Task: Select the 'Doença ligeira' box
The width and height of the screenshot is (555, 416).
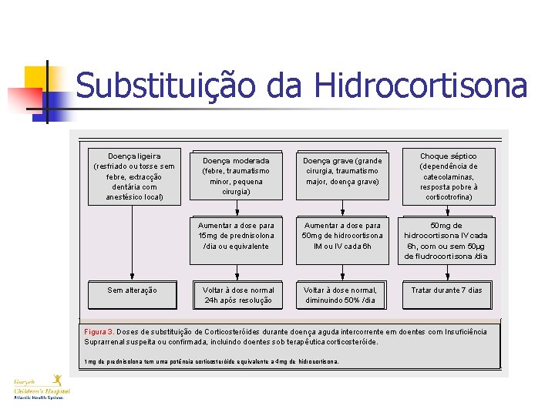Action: pos(134,176)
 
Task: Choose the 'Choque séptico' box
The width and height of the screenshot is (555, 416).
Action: pos(448,176)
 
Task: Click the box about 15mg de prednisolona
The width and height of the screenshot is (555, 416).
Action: pos(235,235)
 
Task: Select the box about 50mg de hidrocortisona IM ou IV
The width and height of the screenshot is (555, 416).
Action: pos(341,235)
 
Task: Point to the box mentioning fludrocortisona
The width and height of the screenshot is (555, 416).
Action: pos(446,240)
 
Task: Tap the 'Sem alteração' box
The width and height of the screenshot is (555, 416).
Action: pos(133,290)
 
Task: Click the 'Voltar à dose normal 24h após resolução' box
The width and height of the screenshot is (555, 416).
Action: pos(235,294)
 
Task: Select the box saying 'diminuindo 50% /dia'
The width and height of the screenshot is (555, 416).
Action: pos(341,294)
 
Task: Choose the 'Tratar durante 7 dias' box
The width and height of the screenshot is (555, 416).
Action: pos(446,290)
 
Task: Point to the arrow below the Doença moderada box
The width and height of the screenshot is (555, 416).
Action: pos(235,206)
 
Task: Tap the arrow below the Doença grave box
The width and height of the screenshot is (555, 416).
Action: pos(342,206)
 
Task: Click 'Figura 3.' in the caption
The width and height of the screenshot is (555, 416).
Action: pos(99,332)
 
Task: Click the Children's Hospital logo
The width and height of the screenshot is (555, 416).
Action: pos(42,386)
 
